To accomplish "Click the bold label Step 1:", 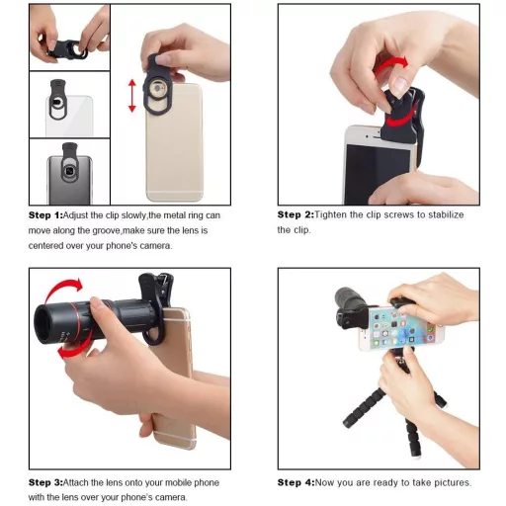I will coord(45,215).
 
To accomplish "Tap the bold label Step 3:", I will coord(45,482).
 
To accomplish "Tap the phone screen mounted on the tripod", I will coord(403,324).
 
